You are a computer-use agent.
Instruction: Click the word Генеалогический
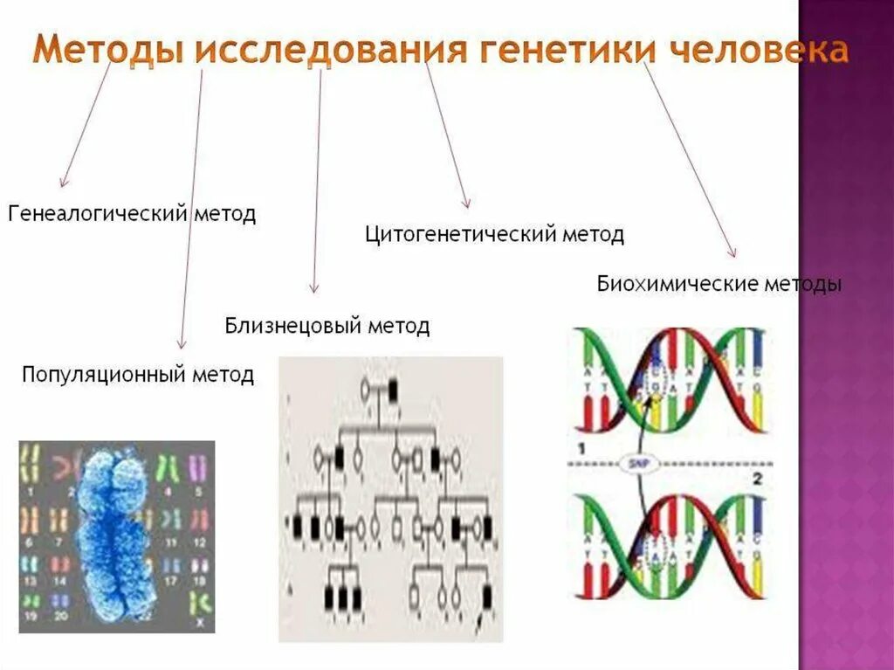[x=99, y=214]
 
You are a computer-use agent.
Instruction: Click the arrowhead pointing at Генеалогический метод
[x=62, y=183]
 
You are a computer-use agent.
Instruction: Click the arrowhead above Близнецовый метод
[x=314, y=288]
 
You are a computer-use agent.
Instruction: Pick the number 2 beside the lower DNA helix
[x=758, y=478]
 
